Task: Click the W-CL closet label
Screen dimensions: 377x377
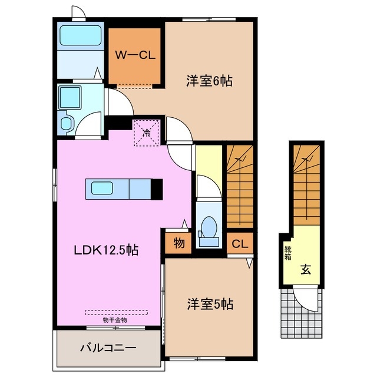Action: click(134, 56)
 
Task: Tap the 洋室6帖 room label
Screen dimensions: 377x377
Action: click(210, 82)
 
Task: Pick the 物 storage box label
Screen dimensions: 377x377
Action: click(177, 242)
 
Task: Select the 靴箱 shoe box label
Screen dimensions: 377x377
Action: click(288, 253)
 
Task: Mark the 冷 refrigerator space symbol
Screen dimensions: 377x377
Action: click(145, 133)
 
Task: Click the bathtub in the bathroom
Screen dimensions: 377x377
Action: click(81, 37)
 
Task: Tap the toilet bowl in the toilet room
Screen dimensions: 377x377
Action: click(208, 228)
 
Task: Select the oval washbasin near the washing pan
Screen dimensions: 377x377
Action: click(66, 123)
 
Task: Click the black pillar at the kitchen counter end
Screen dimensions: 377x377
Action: click(156, 189)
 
